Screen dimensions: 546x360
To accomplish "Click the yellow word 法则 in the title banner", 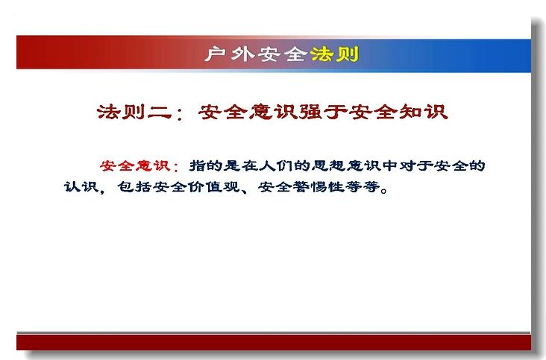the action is (x=334, y=54).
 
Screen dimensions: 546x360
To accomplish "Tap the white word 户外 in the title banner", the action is (x=230, y=54).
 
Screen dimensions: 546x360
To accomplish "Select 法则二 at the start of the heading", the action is (x=134, y=112).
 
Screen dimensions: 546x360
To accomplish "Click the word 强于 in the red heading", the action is (x=323, y=112).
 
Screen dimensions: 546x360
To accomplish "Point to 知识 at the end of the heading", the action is (x=423, y=112).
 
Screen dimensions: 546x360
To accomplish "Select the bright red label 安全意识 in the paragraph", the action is (x=135, y=165).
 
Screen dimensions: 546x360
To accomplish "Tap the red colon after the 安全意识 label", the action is (x=175, y=166).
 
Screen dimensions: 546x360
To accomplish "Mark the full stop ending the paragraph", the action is (x=384, y=190).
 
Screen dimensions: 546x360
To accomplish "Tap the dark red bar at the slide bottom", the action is (x=274, y=342).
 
